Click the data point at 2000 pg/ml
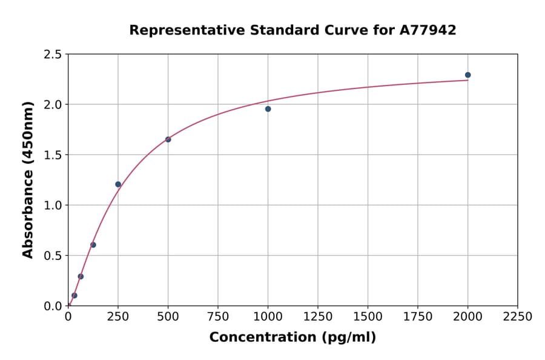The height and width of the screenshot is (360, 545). pos(467,75)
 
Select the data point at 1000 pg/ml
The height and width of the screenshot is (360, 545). pos(268,109)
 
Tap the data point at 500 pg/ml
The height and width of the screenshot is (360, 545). pos(168,139)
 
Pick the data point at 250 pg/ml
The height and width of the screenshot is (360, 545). pos(118,184)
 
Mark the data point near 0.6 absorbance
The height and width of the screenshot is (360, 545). pos(93,245)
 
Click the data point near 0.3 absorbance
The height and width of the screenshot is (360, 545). pos(81,276)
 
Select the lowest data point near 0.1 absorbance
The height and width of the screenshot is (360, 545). pos(74,296)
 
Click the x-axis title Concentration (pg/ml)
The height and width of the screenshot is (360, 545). pos(292,338)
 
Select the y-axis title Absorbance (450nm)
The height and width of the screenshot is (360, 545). pos(28,179)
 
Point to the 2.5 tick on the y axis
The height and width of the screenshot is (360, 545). pos(52,55)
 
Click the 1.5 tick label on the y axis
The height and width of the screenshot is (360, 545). pos(52,155)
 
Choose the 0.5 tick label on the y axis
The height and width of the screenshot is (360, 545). pos(52,256)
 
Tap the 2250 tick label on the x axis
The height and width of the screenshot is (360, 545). pos(517,317)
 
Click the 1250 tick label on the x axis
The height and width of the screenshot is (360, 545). pos(318,317)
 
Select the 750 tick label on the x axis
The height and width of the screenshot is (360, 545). pos(218,317)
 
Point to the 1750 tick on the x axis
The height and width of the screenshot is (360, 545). pos(418,317)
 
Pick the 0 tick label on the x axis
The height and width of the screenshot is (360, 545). pos(68,317)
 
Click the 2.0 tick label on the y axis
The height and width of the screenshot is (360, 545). pos(52,105)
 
